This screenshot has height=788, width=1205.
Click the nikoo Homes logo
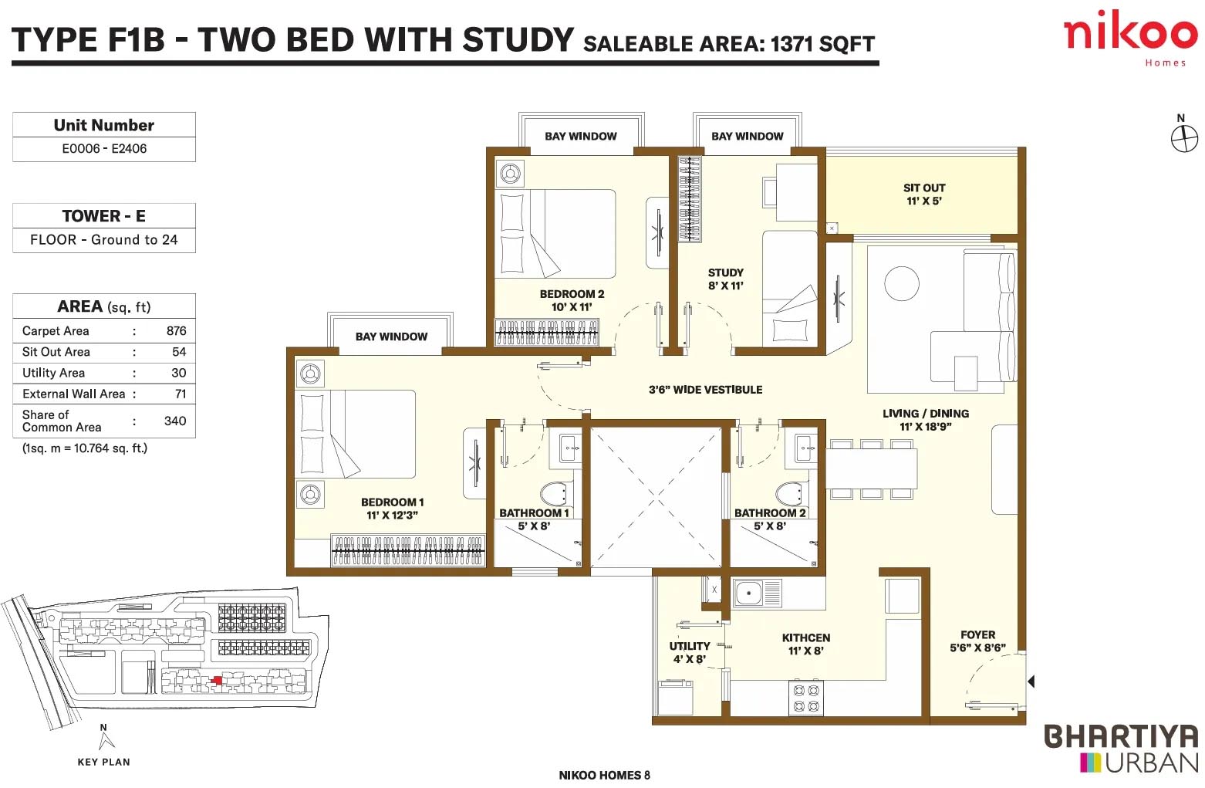pyautogui.click(x=1130, y=38)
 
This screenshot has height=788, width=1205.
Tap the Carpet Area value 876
pyautogui.click(x=176, y=330)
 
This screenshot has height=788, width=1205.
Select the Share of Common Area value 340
pyautogui.click(x=175, y=421)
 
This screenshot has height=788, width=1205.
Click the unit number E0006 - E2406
pyautogui.click(x=104, y=148)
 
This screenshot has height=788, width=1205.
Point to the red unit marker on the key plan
pyautogui.click(x=217, y=680)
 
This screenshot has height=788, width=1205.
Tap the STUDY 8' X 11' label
pyautogui.click(x=726, y=279)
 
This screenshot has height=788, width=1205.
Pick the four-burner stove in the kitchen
pyautogui.click(x=806, y=698)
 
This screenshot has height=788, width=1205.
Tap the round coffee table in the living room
pyautogui.click(x=902, y=284)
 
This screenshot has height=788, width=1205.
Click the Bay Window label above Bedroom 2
pyautogui.click(x=581, y=136)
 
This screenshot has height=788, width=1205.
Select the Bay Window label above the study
pyautogui.click(x=748, y=136)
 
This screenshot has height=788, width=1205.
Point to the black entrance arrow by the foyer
pyautogui.click(x=1031, y=681)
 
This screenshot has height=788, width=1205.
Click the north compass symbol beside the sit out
pyautogui.click(x=1185, y=138)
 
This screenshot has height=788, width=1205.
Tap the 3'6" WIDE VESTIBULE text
pyautogui.click(x=705, y=390)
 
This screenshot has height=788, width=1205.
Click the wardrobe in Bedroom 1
pyautogui.click(x=408, y=550)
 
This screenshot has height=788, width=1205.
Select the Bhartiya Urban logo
pyautogui.click(x=1121, y=748)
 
